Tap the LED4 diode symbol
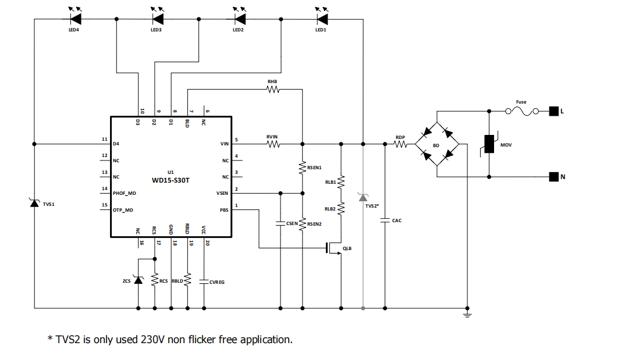[74, 19]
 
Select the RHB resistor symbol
[272, 90]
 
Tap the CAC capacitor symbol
[385, 220]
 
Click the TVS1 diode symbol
[34, 204]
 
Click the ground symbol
[466, 315]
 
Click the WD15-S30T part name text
[171, 180]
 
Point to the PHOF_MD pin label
[124, 193]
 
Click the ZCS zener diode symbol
[138, 280]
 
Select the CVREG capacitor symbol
[204, 281]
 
